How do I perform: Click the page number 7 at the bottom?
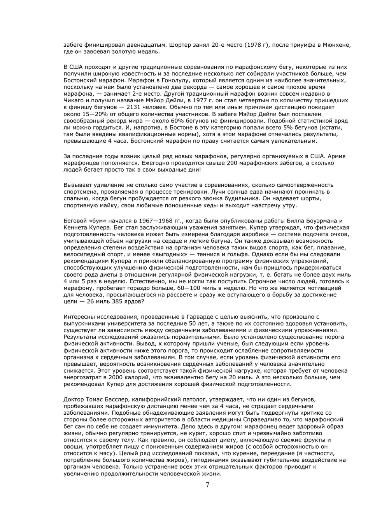click(x=207, y=485)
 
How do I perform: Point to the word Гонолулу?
click(x=155, y=80)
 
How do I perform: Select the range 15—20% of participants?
click(x=87, y=114)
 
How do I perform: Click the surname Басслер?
click(x=117, y=400)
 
